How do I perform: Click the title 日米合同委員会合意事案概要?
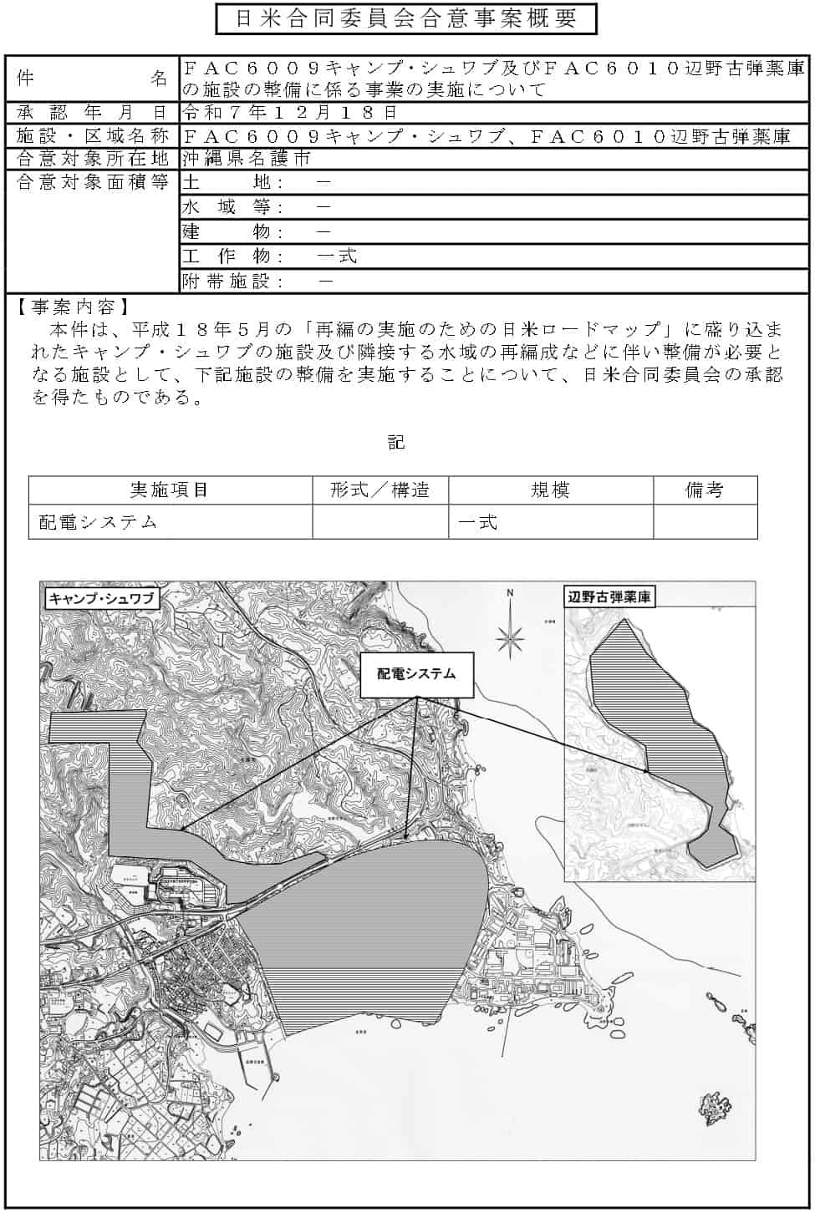406,19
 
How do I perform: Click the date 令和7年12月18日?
289,113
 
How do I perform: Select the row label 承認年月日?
92,113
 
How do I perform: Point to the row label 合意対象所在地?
92,159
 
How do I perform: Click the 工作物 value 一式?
338,256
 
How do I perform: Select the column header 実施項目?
170,490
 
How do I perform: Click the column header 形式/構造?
380,490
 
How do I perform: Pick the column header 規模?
551,490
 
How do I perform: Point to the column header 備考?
705,490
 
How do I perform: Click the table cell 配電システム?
99,523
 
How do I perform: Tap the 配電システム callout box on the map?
416,674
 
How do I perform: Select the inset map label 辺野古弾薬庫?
609,597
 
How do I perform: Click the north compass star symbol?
509,639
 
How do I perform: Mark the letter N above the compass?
509,594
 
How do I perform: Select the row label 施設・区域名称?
92,136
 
